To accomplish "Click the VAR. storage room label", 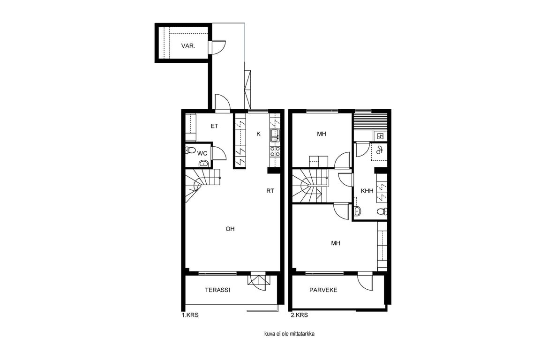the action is coord(188,46).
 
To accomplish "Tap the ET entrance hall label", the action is coord(214,126).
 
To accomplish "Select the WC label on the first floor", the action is coord(202,153).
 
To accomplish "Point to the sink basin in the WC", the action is coord(204,163).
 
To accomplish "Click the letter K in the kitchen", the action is coord(258,134).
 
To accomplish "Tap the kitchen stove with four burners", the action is coord(275,152).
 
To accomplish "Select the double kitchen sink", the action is coord(275,135).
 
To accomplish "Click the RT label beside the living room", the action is coord(270,190).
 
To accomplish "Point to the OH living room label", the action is coord(230,229).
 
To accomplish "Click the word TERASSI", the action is coord(217,290).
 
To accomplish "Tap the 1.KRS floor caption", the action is coord(190,315).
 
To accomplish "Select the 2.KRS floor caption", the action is coord(299,315).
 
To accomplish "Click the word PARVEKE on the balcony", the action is coord(323,290).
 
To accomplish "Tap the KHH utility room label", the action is coord(367,190).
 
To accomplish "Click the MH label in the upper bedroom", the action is coord(321,134).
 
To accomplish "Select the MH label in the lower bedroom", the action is coord(336,243).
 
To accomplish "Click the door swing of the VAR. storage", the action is coord(218,47).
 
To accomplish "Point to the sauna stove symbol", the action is coord(380,136).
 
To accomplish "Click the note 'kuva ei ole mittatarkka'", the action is coord(289,334).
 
